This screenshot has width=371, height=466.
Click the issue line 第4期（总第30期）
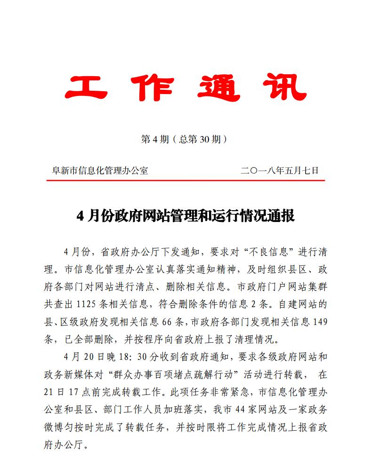[x=185, y=139]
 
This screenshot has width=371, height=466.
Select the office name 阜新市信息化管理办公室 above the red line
[x=100, y=170]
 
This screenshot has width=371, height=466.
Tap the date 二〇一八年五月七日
[x=280, y=170]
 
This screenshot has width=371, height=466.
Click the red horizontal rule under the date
[x=185, y=180]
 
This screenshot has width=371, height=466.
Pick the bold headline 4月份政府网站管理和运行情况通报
[x=185, y=216]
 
